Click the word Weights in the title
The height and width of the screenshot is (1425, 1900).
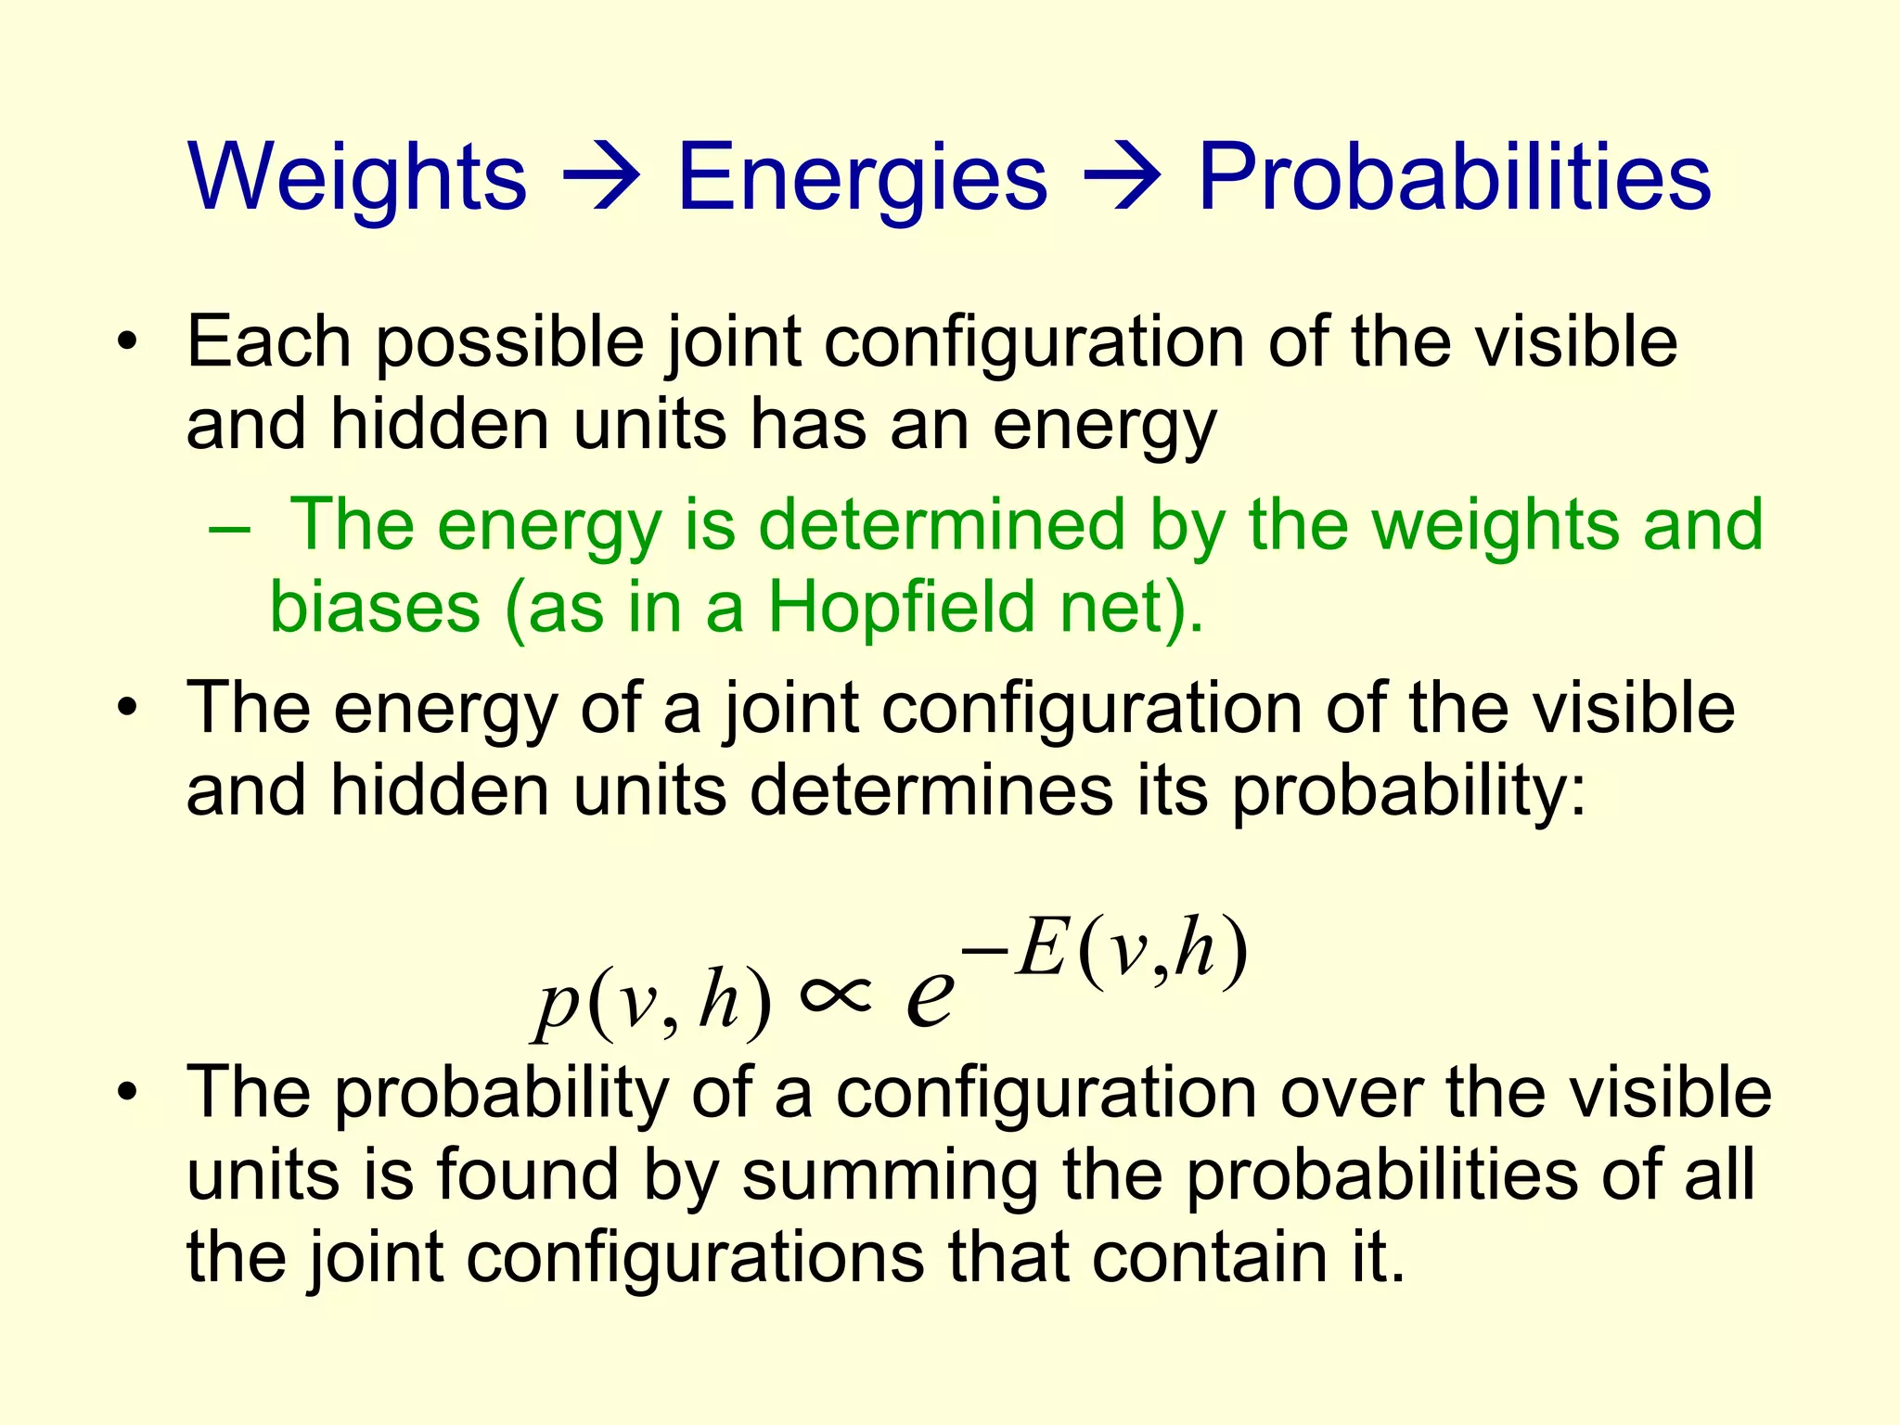(357, 177)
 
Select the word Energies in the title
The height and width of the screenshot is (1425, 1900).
(863, 177)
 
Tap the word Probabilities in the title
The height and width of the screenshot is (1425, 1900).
(1454, 177)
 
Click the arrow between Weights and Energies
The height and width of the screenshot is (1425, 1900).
(602, 177)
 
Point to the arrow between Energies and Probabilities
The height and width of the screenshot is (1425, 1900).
(1123, 177)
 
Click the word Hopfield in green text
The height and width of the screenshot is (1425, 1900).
(901, 608)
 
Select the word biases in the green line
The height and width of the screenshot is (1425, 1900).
(375, 608)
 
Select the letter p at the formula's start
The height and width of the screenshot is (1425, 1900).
(556, 1006)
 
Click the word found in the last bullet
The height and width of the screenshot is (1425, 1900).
(528, 1175)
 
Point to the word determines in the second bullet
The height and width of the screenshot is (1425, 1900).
(931, 791)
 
